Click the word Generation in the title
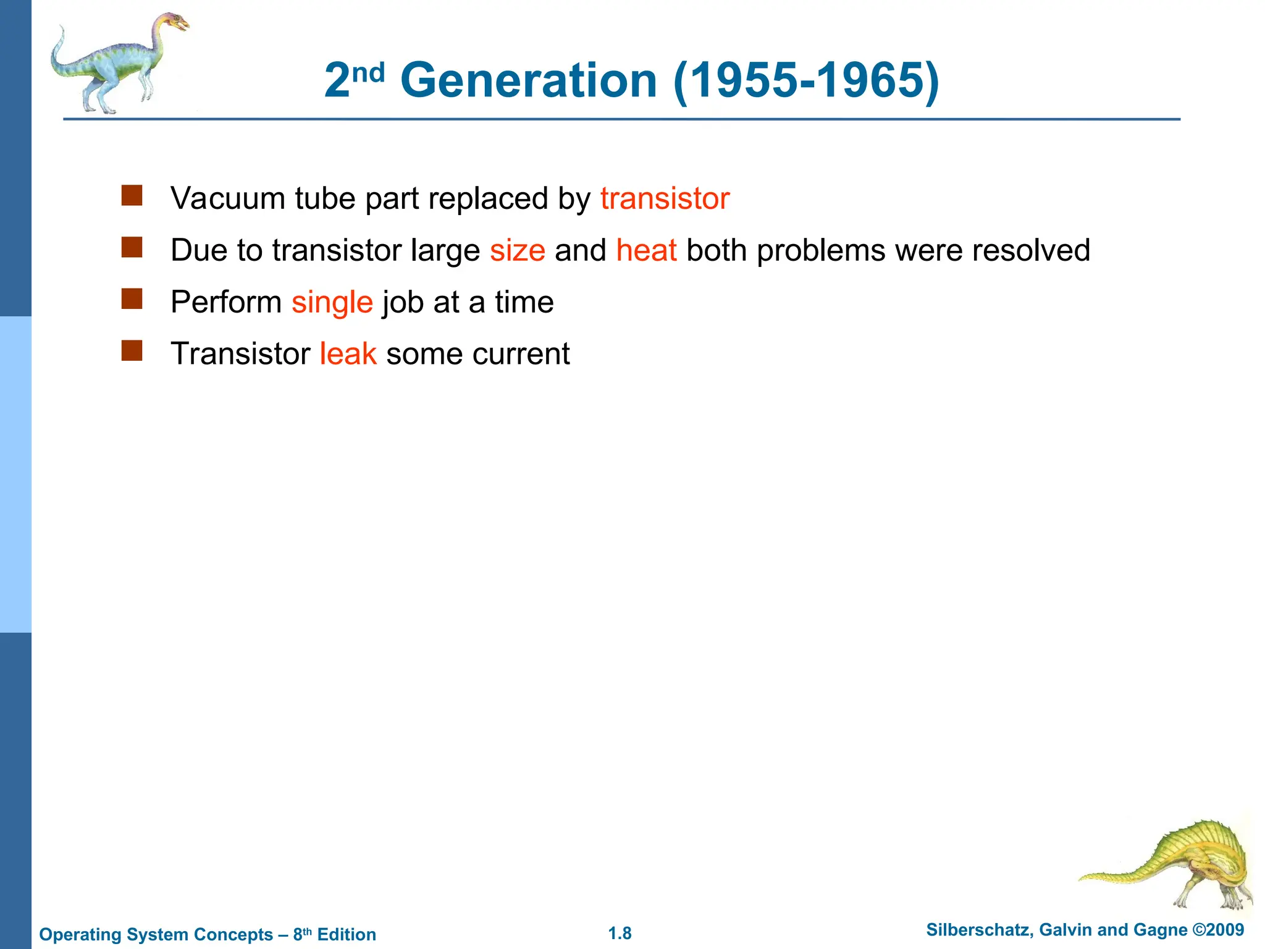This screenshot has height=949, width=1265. (x=529, y=80)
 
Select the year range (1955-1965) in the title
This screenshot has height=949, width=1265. (x=806, y=80)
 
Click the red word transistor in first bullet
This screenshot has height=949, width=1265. (x=665, y=199)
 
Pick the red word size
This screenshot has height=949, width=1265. (x=518, y=251)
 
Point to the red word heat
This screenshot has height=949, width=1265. (x=646, y=251)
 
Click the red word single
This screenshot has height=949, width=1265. (x=332, y=303)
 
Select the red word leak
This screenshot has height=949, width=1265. (x=348, y=354)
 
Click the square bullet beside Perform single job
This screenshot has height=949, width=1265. (x=132, y=299)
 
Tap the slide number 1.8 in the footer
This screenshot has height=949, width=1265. (x=620, y=934)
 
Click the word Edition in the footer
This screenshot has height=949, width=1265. (x=347, y=935)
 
